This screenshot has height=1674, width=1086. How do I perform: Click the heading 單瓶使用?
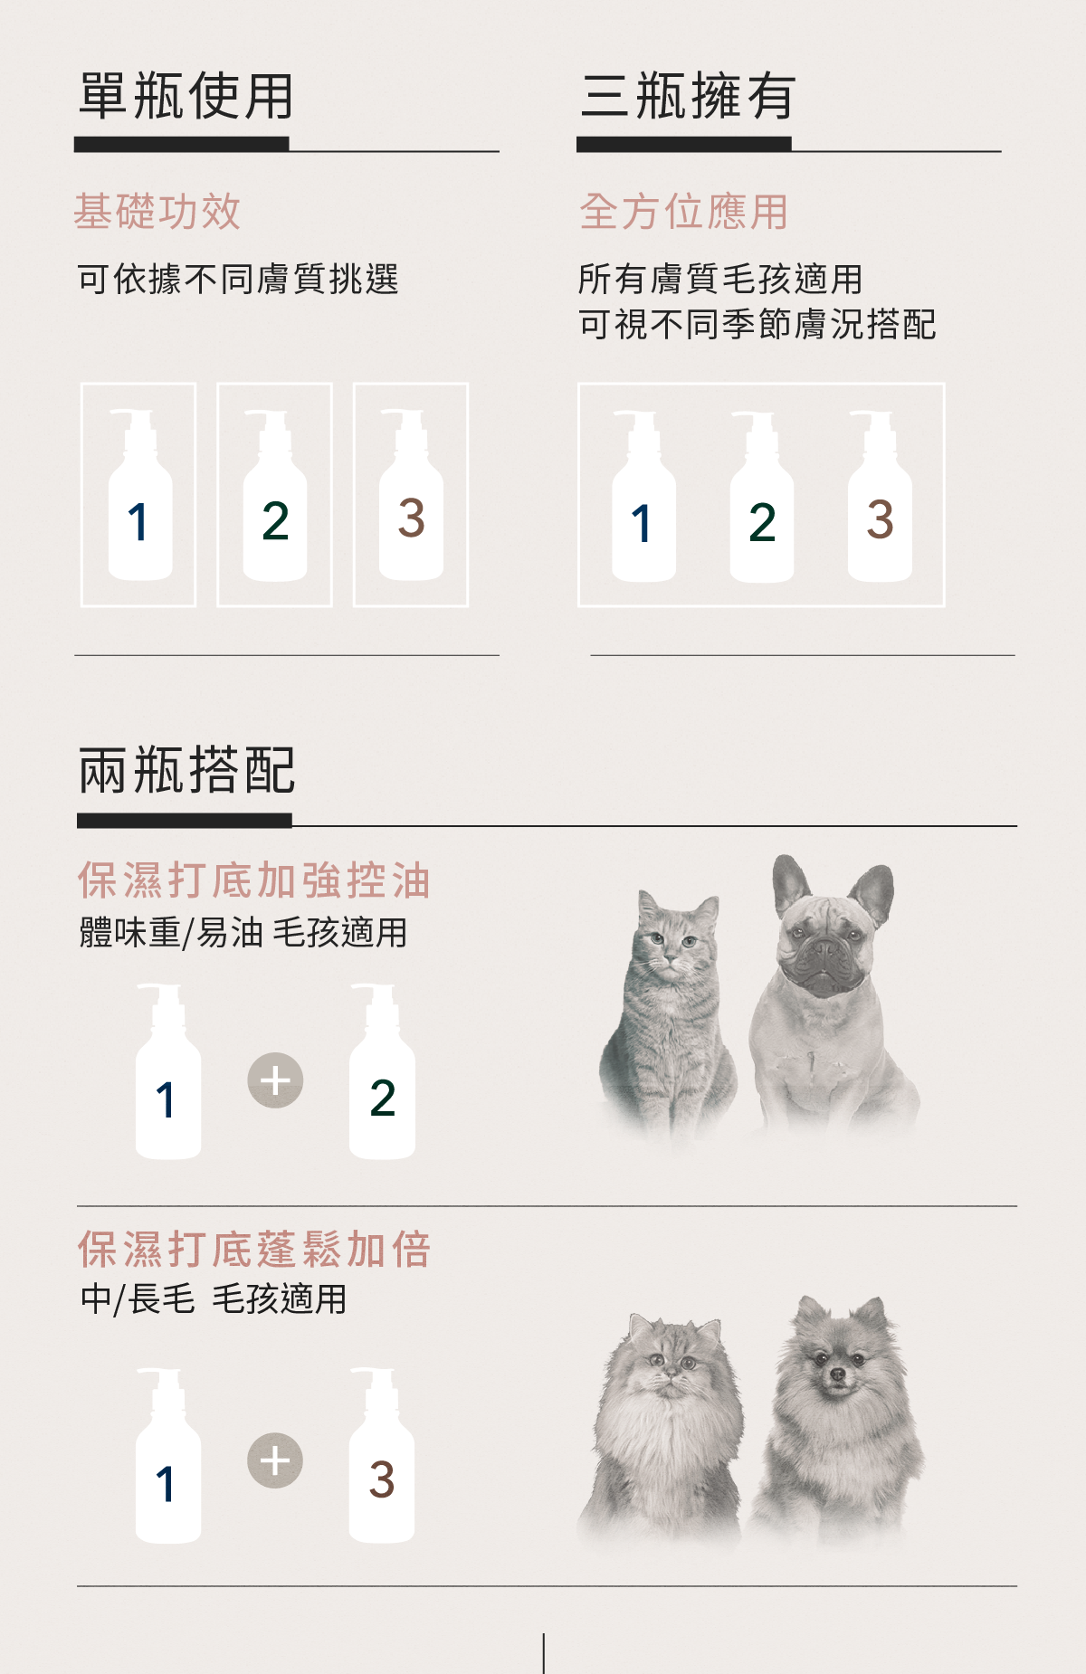[186, 96]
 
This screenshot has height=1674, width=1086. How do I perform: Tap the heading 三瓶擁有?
[688, 96]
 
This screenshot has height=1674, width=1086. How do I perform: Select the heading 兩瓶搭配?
[186, 770]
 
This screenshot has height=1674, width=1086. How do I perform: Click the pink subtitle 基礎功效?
[157, 212]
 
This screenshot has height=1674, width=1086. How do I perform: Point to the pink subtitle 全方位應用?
[684, 212]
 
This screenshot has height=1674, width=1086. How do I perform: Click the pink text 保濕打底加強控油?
[254, 880]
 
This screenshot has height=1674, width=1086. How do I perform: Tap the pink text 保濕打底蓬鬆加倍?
[254, 1250]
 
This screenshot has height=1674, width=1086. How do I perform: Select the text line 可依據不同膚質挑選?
[238, 279]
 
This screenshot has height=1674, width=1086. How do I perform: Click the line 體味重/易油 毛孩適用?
[243, 932]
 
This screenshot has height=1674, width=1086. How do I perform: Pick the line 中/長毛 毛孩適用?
[214, 1299]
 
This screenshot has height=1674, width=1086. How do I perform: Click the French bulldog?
[833, 994]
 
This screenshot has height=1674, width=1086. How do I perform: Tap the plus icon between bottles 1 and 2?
[275, 1080]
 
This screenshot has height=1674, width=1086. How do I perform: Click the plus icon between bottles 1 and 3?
[275, 1460]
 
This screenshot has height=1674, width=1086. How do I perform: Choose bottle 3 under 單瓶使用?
[411, 495]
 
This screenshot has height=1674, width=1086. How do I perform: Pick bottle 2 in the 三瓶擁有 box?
[762, 497]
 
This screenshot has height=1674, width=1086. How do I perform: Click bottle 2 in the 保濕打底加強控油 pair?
[383, 1071]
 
